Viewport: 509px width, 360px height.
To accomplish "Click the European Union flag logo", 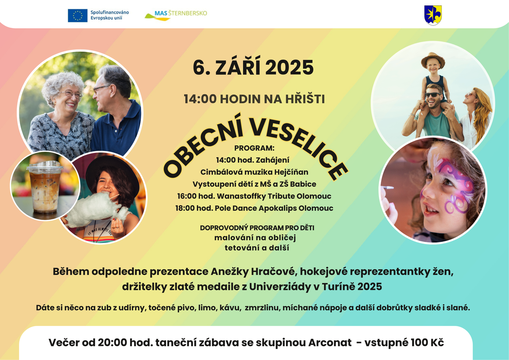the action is [x=78, y=16].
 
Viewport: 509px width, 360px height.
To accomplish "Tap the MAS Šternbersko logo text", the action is [x=181, y=13].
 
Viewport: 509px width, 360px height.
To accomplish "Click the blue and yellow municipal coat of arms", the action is [x=433, y=15].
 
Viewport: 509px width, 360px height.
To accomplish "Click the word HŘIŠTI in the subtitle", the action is [x=305, y=99].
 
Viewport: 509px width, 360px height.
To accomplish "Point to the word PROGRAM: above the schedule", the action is [x=254, y=148].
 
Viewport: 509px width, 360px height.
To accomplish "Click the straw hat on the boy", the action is [x=433, y=60].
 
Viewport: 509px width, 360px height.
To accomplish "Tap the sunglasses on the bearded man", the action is [x=433, y=95].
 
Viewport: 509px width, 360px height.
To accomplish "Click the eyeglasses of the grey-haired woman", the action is [x=71, y=94].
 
